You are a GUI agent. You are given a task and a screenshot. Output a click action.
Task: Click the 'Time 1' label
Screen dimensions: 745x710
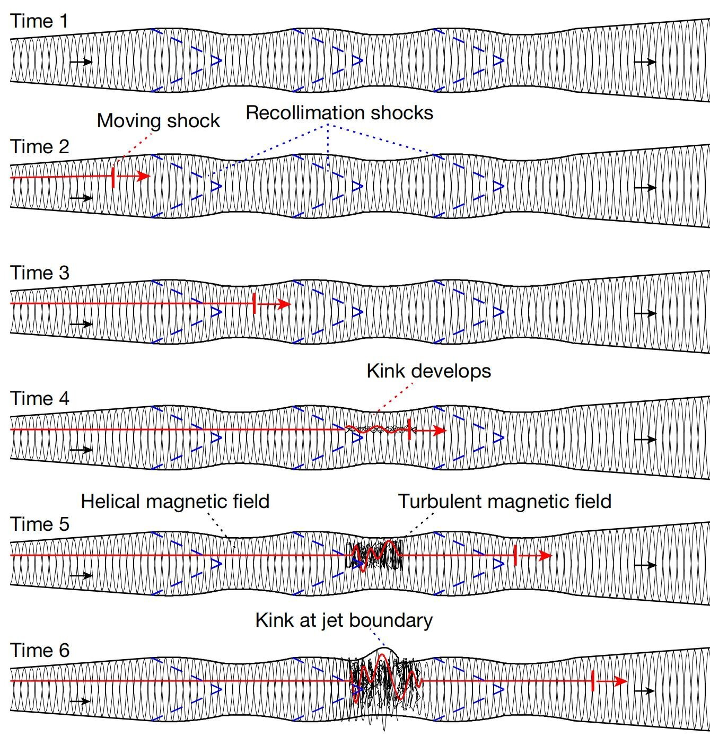click(39, 21)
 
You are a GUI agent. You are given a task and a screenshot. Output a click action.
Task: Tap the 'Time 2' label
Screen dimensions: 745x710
click(39, 147)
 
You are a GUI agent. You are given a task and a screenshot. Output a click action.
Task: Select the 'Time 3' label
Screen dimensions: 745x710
click(39, 273)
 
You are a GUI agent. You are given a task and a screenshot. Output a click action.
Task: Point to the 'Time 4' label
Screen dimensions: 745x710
click(39, 398)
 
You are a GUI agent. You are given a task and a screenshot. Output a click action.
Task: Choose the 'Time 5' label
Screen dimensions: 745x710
click(39, 524)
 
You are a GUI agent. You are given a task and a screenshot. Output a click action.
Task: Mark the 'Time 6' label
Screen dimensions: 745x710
click(39, 650)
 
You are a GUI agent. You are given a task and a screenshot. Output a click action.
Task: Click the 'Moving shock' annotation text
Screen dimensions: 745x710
click(158, 121)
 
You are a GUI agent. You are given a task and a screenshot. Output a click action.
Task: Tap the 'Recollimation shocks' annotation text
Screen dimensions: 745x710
click(339, 113)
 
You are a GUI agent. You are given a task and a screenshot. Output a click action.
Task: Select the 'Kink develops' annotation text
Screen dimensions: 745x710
click(428, 371)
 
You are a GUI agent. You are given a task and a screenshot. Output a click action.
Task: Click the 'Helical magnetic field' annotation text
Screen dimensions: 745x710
click(175, 502)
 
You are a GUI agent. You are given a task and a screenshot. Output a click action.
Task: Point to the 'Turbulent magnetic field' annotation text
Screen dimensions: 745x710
click(505, 502)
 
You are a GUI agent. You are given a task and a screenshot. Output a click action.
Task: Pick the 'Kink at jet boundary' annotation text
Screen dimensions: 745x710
click(344, 620)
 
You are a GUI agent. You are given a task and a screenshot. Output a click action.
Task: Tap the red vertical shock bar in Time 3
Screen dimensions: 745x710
click(255, 303)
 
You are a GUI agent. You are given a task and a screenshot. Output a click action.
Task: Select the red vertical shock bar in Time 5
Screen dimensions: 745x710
click(515, 555)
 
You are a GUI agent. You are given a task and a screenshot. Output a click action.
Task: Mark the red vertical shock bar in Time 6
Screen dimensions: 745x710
click(592, 681)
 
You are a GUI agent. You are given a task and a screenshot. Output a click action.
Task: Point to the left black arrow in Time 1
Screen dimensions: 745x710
click(81, 62)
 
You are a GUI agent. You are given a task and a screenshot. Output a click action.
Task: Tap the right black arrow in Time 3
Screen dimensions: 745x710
click(645, 313)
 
